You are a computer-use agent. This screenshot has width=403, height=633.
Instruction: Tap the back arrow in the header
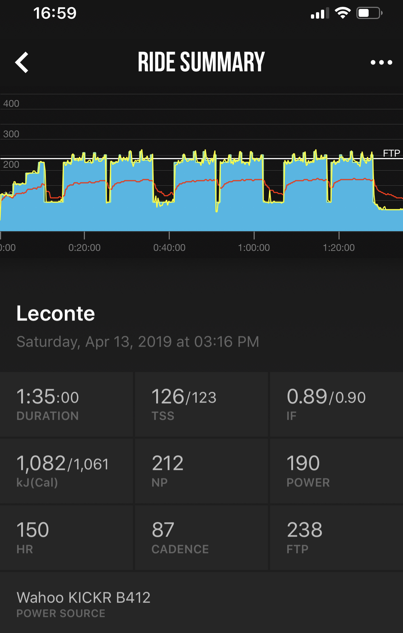(x=22, y=62)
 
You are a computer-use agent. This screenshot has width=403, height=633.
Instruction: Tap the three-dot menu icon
(x=381, y=62)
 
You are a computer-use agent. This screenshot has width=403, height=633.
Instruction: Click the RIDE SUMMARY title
(x=201, y=62)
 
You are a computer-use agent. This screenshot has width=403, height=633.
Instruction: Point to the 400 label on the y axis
(x=11, y=104)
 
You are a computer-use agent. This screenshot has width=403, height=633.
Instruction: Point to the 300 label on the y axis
(x=11, y=134)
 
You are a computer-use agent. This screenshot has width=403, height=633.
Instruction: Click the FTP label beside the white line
(x=391, y=153)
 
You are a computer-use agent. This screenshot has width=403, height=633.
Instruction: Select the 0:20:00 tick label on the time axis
(x=85, y=248)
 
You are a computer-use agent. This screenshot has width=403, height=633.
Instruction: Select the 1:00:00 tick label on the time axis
(x=254, y=248)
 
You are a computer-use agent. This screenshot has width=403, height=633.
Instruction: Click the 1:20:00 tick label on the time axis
(x=339, y=248)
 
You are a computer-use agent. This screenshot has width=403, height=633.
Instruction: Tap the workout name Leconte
(x=56, y=314)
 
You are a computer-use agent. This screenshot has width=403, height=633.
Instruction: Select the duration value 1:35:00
(x=48, y=397)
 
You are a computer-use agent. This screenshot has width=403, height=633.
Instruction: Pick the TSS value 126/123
(x=184, y=397)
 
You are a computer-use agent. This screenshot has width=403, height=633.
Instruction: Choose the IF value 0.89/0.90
(x=326, y=397)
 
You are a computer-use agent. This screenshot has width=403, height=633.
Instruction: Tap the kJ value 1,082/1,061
(x=63, y=463)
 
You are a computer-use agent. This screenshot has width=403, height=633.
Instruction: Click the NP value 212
(x=168, y=463)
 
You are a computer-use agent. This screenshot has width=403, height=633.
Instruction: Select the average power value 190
(x=303, y=463)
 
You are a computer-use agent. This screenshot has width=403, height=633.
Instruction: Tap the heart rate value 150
(x=33, y=530)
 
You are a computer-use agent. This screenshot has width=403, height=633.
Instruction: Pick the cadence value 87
(x=163, y=530)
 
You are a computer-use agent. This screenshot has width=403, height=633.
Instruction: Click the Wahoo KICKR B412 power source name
(x=83, y=598)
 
